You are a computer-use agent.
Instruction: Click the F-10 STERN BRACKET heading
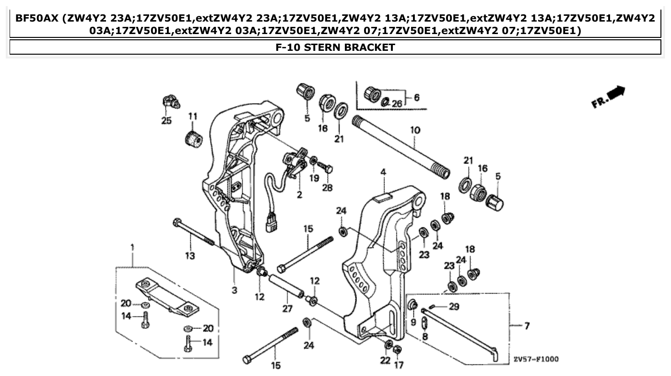coord(335,47)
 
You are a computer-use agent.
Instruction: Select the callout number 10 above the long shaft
coord(415,129)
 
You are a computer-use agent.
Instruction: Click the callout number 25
coord(166,121)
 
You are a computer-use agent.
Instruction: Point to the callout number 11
coord(192,116)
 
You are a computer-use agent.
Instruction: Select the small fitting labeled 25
coord(170,102)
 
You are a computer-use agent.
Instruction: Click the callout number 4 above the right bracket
coord(383,172)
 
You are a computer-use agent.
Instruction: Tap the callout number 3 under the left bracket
coord(234,290)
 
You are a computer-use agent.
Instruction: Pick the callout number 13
coord(190,256)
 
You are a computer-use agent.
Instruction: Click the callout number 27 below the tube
coord(287,309)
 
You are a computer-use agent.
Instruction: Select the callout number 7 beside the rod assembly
coord(527,326)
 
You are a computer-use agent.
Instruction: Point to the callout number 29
coord(454,306)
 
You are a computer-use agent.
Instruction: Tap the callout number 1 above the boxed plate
coord(132,247)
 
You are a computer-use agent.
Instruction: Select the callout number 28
coord(327,188)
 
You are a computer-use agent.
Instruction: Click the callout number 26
coord(397,103)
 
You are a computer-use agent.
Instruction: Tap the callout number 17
coord(399,364)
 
